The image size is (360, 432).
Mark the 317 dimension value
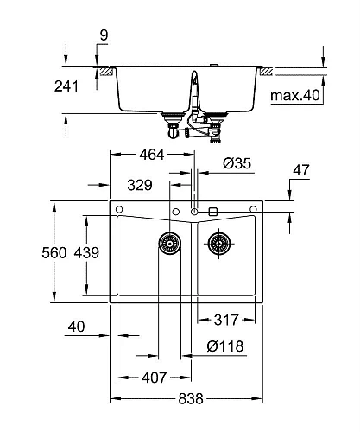tap(226, 319)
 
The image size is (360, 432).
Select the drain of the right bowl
tap(219, 244)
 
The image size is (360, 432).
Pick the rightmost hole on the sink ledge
tap(254, 210)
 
